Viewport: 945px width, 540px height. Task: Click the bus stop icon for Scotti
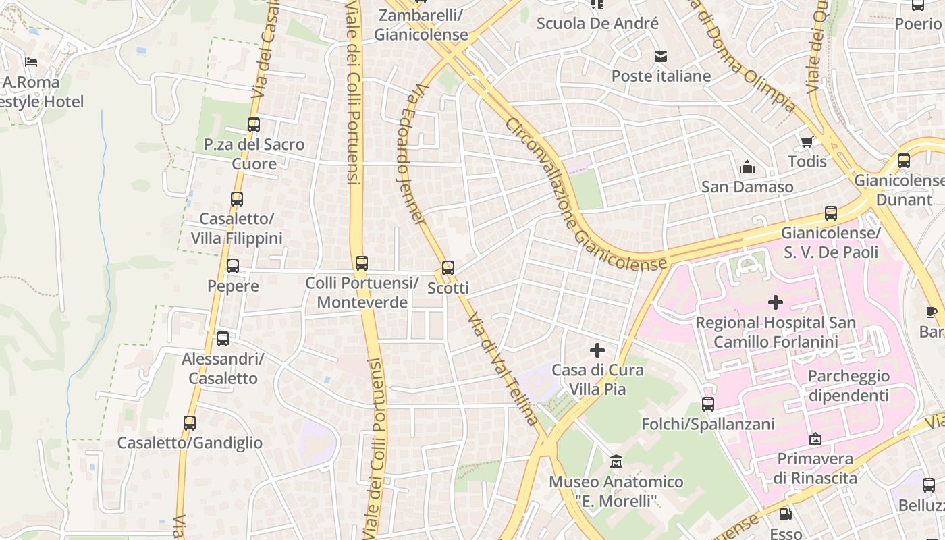(448, 268)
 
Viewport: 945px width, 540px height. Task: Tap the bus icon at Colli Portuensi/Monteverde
(362, 263)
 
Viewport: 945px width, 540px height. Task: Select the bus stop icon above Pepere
(233, 266)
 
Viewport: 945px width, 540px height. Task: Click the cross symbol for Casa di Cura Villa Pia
(597, 350)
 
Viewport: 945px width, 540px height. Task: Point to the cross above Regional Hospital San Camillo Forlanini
(776, 303)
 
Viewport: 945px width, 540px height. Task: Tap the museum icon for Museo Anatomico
(616, 462)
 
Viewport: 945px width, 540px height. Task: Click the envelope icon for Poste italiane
(661, 57)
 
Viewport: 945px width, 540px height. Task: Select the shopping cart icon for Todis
(807, 142)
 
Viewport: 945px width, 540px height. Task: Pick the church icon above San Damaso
(747, 167)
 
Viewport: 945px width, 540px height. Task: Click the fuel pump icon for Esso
(785, 514)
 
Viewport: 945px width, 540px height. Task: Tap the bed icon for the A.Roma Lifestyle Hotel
(31, 62)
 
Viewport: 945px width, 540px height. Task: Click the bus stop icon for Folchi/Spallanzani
(708, 404)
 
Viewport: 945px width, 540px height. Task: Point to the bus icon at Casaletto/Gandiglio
(190, 423)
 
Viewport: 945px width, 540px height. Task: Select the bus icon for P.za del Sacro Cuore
(254, 125)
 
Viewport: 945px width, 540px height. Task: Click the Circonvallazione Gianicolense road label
(585, 196)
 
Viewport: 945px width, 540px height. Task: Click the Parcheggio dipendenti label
(848, 385)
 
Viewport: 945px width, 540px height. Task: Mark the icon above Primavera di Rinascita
(815, 439)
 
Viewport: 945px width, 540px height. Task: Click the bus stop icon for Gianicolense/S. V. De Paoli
(831, 213)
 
